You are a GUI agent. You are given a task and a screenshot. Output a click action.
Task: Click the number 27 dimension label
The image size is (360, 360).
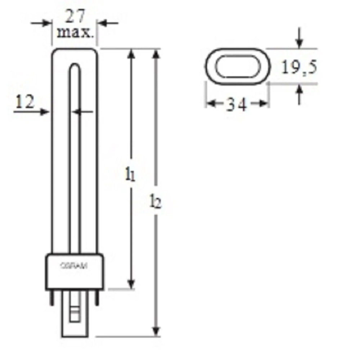point(75,16)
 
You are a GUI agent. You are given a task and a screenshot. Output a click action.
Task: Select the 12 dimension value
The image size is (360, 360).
point(25,102)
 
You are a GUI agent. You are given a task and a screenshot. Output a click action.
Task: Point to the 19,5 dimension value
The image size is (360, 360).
point(299,67)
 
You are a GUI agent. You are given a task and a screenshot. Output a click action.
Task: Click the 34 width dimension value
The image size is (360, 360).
point(237,104)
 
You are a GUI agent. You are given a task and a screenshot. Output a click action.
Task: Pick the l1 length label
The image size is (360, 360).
point(130,174)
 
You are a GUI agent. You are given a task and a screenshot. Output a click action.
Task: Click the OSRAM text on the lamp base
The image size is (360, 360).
point(74,266)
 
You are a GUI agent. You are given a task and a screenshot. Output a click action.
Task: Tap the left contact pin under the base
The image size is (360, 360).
point(51,298)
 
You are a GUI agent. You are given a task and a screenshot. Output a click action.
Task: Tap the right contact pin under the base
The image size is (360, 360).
point(97,298)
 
